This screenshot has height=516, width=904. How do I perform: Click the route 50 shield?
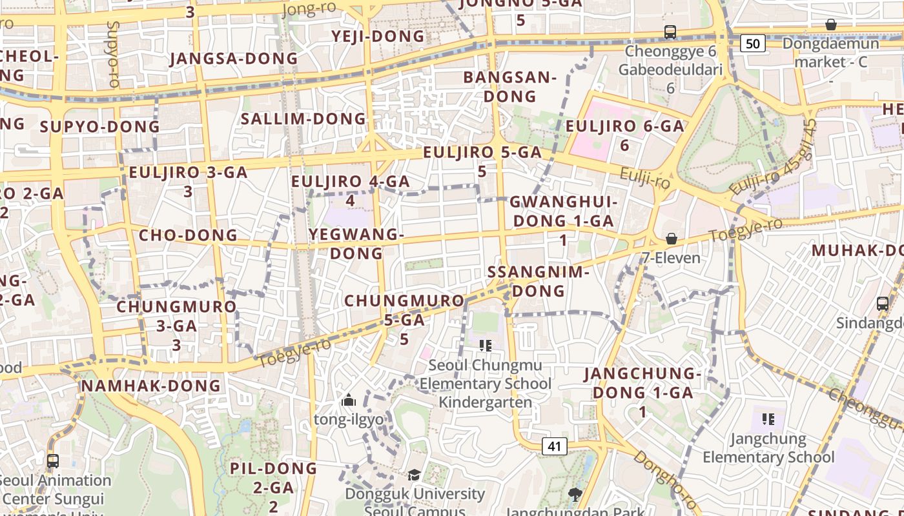click(752, 43)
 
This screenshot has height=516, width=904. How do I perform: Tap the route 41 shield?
click(554, 446)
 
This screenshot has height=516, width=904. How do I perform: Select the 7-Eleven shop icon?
click(672, 239)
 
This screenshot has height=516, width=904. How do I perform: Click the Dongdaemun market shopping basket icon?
click(831, 25)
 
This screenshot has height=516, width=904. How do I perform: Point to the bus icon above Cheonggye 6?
click(670, 32)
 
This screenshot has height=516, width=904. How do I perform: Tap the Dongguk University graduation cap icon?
click(414, 475)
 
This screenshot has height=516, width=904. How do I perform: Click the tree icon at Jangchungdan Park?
click(575, 495)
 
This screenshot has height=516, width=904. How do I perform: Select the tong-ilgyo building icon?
click(349, 401)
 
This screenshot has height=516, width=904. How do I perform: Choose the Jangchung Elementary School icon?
click(768, 419)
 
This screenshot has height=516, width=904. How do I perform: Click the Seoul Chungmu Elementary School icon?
click(486, 346)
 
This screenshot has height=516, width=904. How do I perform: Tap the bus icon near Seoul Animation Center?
click(53, 461)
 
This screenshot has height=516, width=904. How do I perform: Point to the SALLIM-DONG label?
click(303, 119)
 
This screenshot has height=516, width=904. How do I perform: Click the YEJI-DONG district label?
click(378, 36)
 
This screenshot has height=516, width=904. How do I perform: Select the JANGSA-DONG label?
click(234, 59)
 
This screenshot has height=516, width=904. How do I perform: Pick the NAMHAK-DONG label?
click(151, 386)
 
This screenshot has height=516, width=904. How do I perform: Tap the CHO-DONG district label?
click(189, 235)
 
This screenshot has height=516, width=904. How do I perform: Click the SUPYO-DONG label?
click(99, 126)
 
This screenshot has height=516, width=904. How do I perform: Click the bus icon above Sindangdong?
click(883, 303)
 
